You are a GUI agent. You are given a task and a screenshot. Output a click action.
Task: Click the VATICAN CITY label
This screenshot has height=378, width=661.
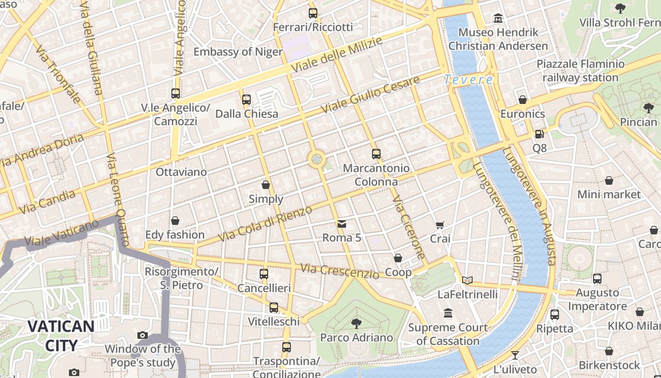60,335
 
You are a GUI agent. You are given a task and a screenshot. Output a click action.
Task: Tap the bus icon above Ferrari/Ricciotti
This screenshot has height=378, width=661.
313,13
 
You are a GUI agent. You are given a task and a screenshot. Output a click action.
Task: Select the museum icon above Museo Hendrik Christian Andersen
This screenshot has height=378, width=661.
498,18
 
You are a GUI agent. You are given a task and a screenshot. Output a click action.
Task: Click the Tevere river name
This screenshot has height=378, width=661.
469,80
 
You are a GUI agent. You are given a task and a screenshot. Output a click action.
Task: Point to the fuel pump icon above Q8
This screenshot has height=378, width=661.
539,134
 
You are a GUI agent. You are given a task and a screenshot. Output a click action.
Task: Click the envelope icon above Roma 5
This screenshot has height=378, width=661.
341,224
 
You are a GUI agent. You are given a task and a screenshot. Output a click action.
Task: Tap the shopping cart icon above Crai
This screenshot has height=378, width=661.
440,225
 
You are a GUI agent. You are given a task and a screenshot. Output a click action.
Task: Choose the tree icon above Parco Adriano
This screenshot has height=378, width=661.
356,324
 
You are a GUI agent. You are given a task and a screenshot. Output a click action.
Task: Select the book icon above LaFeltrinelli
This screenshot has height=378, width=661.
467,281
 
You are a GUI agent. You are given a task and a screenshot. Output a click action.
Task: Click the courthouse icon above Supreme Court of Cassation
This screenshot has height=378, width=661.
448,313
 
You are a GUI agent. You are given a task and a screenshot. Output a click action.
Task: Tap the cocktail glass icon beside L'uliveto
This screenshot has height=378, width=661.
515,355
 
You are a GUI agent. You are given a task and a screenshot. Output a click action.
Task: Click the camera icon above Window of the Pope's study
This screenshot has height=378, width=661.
143,335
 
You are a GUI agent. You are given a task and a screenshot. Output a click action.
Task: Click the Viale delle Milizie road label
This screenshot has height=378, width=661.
336,55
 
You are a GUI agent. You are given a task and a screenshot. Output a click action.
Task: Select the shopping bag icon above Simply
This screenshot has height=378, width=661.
266,185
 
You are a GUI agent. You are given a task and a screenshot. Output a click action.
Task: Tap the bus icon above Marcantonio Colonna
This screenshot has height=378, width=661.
376,154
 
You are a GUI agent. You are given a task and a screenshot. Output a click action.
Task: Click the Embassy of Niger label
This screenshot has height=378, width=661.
238,52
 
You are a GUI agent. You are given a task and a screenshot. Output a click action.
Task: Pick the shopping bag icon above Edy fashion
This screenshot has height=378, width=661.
175,221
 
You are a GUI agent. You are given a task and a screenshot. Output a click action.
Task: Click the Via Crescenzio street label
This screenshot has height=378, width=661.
339,271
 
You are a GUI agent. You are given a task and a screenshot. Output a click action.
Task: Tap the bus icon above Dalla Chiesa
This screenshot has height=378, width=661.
246,100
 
